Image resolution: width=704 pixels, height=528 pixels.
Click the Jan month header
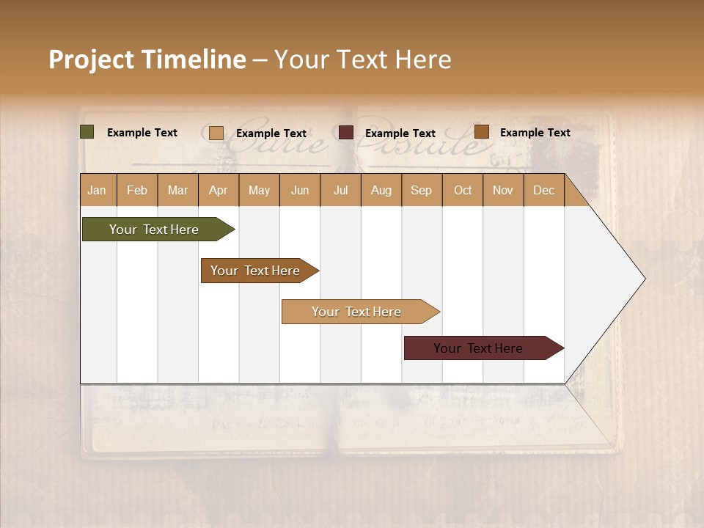(98, 190)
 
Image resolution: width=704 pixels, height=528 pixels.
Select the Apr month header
(219, 190)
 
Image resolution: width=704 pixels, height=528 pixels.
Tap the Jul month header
(340, 190)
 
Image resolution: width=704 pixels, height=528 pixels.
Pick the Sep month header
(422, 190)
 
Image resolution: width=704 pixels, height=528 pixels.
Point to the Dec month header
(543, 190)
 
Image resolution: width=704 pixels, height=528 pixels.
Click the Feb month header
(137, 190)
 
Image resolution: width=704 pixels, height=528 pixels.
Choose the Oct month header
(463, 190)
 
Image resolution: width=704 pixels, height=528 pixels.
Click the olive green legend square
(87, 132)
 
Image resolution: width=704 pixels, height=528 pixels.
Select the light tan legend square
(216, 133)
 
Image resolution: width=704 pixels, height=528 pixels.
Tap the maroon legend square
(346, 133)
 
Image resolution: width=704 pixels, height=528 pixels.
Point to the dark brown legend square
(481, 132)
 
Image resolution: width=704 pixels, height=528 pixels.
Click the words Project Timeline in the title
(147, 59)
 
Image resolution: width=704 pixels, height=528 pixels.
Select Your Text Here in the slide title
(363, 59)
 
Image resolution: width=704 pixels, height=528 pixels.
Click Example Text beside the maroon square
(400, 133)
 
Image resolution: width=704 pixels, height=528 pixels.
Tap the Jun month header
(300, 190)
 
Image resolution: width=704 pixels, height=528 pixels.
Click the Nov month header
(503, 190)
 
